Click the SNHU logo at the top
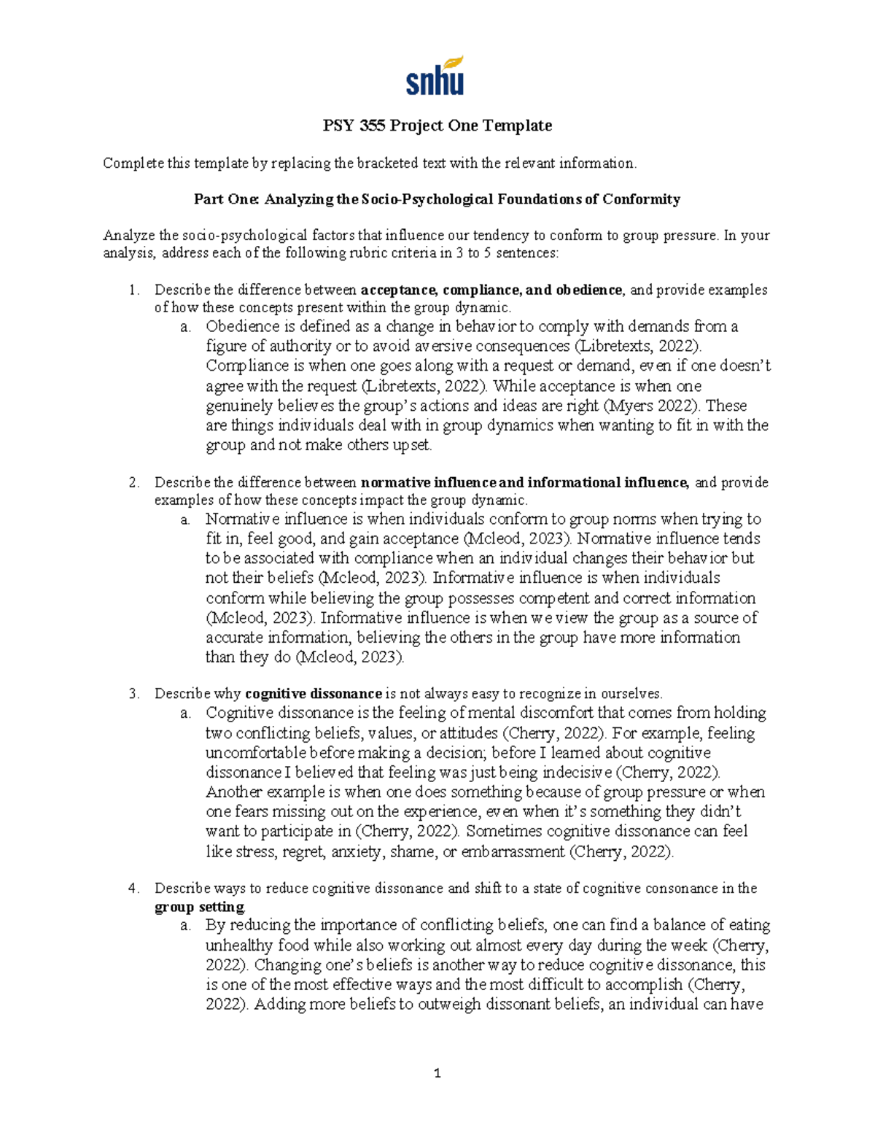tap(435, 76)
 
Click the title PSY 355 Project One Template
tap(437, 125)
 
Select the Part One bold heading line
tap(437, 199)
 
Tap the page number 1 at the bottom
tap(437, 1073)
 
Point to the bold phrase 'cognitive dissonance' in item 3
tap(314, 693)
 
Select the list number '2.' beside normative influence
tap(133, 482)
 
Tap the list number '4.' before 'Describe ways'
tap(133, 888)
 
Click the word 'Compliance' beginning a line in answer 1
tap(244, 366)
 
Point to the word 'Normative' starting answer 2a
tap(243, 519)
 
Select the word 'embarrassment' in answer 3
tap(513, 851)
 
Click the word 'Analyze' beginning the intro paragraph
tap(129, 235)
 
